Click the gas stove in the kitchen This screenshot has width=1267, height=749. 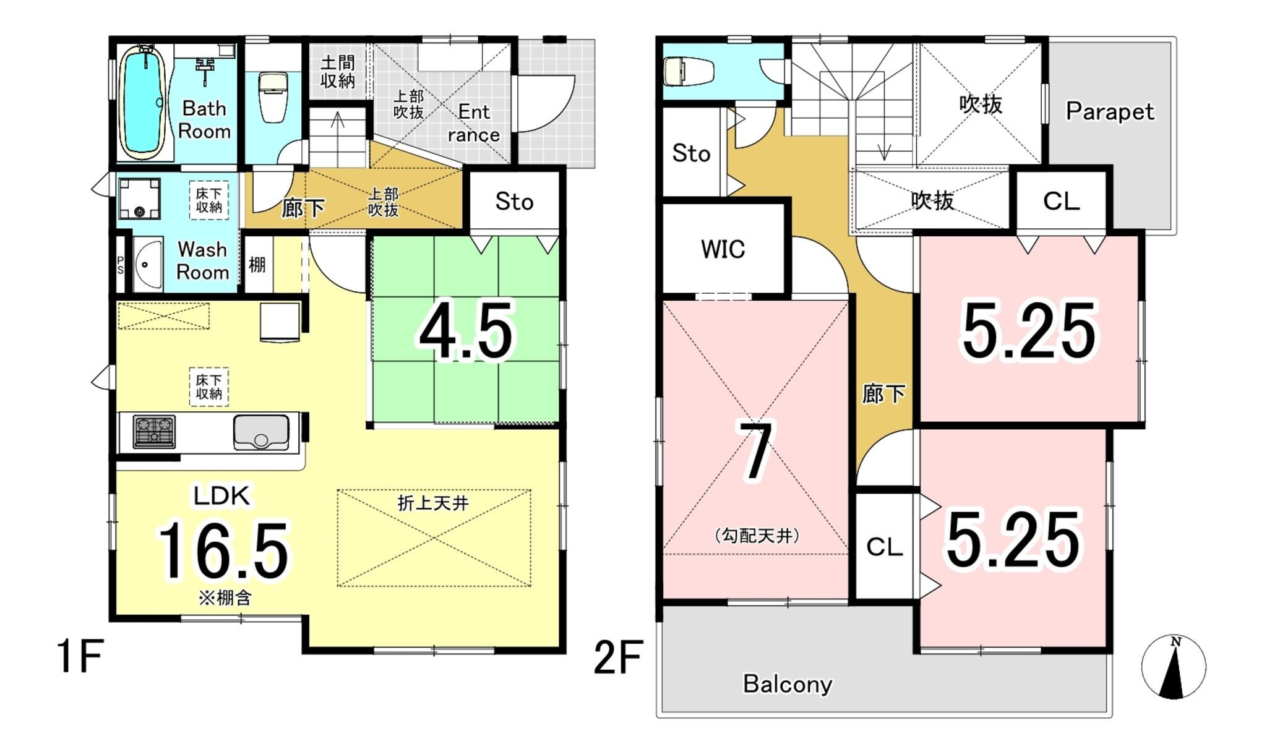point(154,430)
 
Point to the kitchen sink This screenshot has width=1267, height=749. point(261,432)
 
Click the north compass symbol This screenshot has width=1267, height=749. point(1173,667)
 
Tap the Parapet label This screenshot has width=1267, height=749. point(1110,112)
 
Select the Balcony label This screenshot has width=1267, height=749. point(788,684)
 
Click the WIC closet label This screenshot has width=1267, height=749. point(723,249)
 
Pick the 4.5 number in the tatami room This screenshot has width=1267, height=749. point(466,331)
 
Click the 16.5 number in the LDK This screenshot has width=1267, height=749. point(223,550)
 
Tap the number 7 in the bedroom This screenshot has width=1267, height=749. point(756,451)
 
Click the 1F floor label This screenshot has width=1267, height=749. point(80,656)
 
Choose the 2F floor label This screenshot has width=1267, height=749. point(618,657)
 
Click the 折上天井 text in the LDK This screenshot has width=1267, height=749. point(433,503)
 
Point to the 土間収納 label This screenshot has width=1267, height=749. point(338,71)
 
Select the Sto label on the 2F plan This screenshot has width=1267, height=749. point(691,153)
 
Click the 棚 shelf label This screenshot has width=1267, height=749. point(257,265)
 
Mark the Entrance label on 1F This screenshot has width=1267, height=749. point(474,124)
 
